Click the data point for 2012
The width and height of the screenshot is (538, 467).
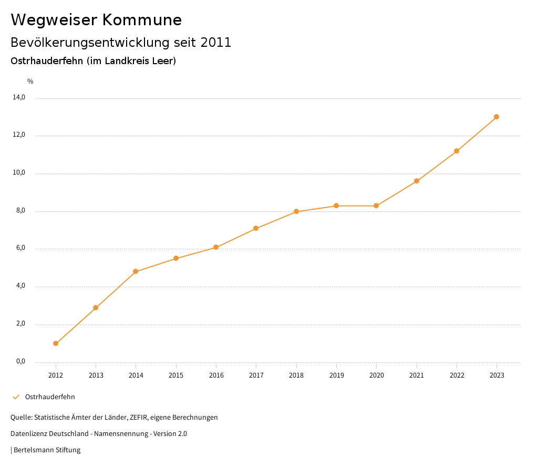click(x=56, y=343)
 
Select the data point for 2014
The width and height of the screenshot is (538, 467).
click(x=136, y=271)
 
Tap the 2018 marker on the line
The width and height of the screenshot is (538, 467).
click(x=296, y=211)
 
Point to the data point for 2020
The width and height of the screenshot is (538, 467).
click(x=376, y=206)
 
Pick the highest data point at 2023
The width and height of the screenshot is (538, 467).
click(x=496, y=117)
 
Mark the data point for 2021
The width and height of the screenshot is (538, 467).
click(x=417, y=181)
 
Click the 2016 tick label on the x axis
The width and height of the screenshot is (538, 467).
click(x=216, y=375)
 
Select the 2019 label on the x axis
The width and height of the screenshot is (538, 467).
click(x=336, y=375)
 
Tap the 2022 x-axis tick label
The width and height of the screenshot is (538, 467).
click(x=457, y=375)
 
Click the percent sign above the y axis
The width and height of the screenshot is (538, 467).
click(x=30, y=81)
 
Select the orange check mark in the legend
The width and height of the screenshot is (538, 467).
click(x=16, y=397)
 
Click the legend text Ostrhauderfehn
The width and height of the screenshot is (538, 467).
click(x=50, y=397)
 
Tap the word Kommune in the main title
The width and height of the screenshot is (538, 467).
click(x=142, y=20)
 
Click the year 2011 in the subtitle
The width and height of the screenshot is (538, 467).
click(x=216, y=42)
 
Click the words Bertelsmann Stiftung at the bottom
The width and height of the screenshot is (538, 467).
click(x=47, y=450)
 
